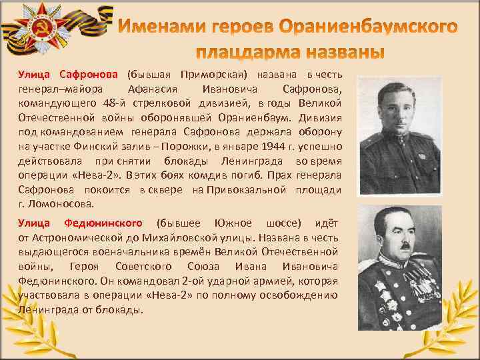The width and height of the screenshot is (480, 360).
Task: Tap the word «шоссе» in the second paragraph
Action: coord(279,223)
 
